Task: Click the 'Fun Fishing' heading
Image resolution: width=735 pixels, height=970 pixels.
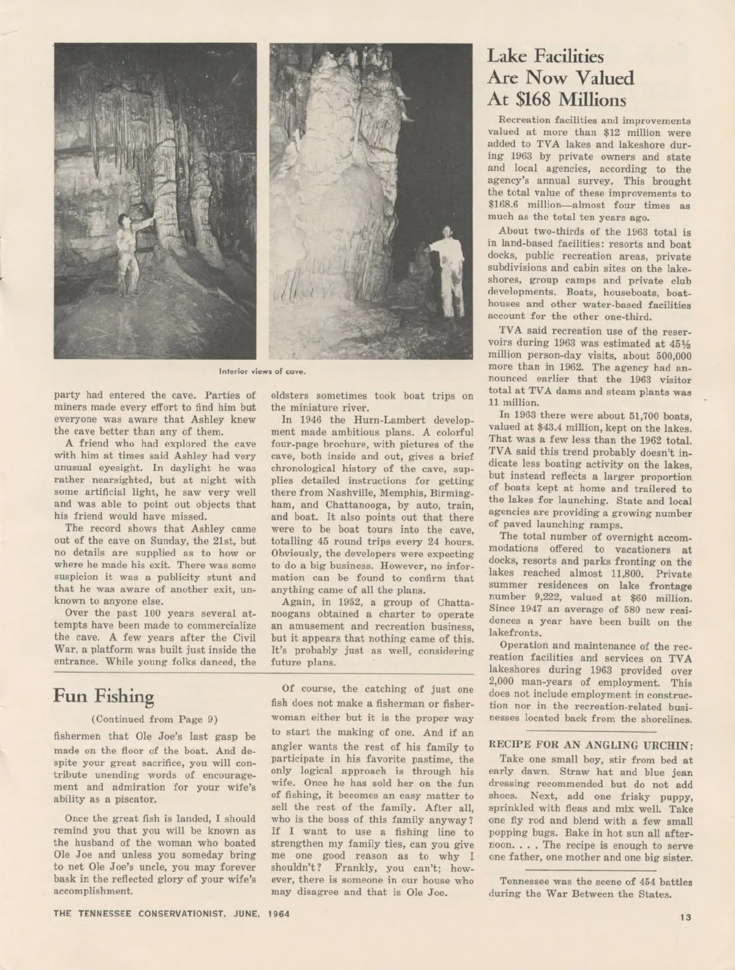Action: point(104,696)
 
